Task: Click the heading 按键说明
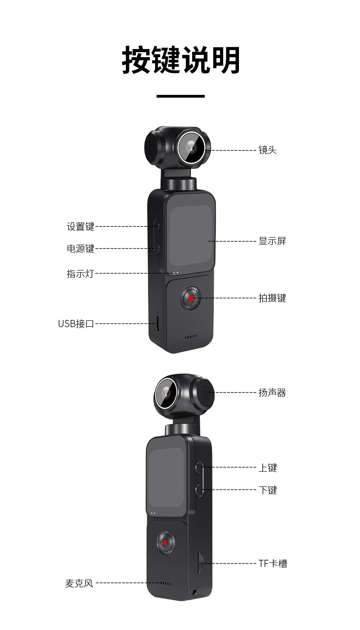[180, 60]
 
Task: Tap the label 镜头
[267, 150]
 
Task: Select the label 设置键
[81, 226]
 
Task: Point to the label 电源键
[81, 248]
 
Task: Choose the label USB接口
[76, 323]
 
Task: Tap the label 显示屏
[272, 241]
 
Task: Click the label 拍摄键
[272, 298]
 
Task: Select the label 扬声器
[272, 393]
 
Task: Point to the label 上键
[267, 468]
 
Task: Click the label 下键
[267, 490]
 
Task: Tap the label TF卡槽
[273, 563]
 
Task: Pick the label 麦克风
[79, 583]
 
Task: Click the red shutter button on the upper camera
[192, 298]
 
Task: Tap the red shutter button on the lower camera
[165, 542]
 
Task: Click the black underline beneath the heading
[180, 96]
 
